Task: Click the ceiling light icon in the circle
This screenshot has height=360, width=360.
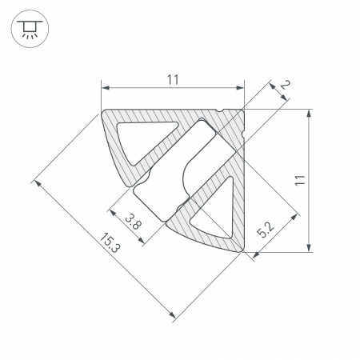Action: pos(30,29)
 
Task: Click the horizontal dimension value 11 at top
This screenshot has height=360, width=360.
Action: pos(173,80)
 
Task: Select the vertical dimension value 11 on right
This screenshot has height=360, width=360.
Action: pos(300,180)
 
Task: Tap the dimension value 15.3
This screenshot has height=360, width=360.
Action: pos(110,242)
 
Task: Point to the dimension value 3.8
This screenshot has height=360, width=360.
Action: pos(133,222)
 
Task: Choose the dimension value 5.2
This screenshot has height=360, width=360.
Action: pos(266,230)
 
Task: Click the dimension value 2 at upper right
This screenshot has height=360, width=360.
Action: pos(285,85)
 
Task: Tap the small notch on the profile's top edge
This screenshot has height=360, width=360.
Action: pos(220,110)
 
